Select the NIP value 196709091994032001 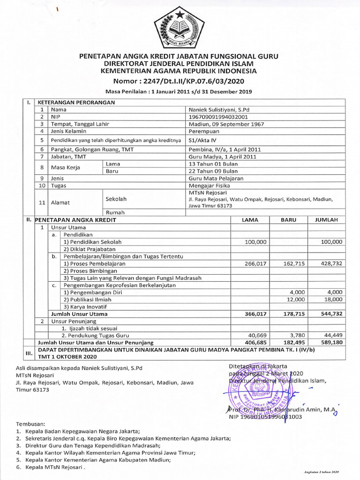pos(218,117)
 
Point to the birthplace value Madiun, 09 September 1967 pos(226,124)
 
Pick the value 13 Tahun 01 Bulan pos(213,164)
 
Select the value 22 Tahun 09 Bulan pos(213,172)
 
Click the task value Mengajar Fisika pos(209,186)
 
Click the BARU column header pos(289,220)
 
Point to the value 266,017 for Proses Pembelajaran pos(255,264)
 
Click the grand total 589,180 pos(332,343)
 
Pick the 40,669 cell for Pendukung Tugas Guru pos(255,336)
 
